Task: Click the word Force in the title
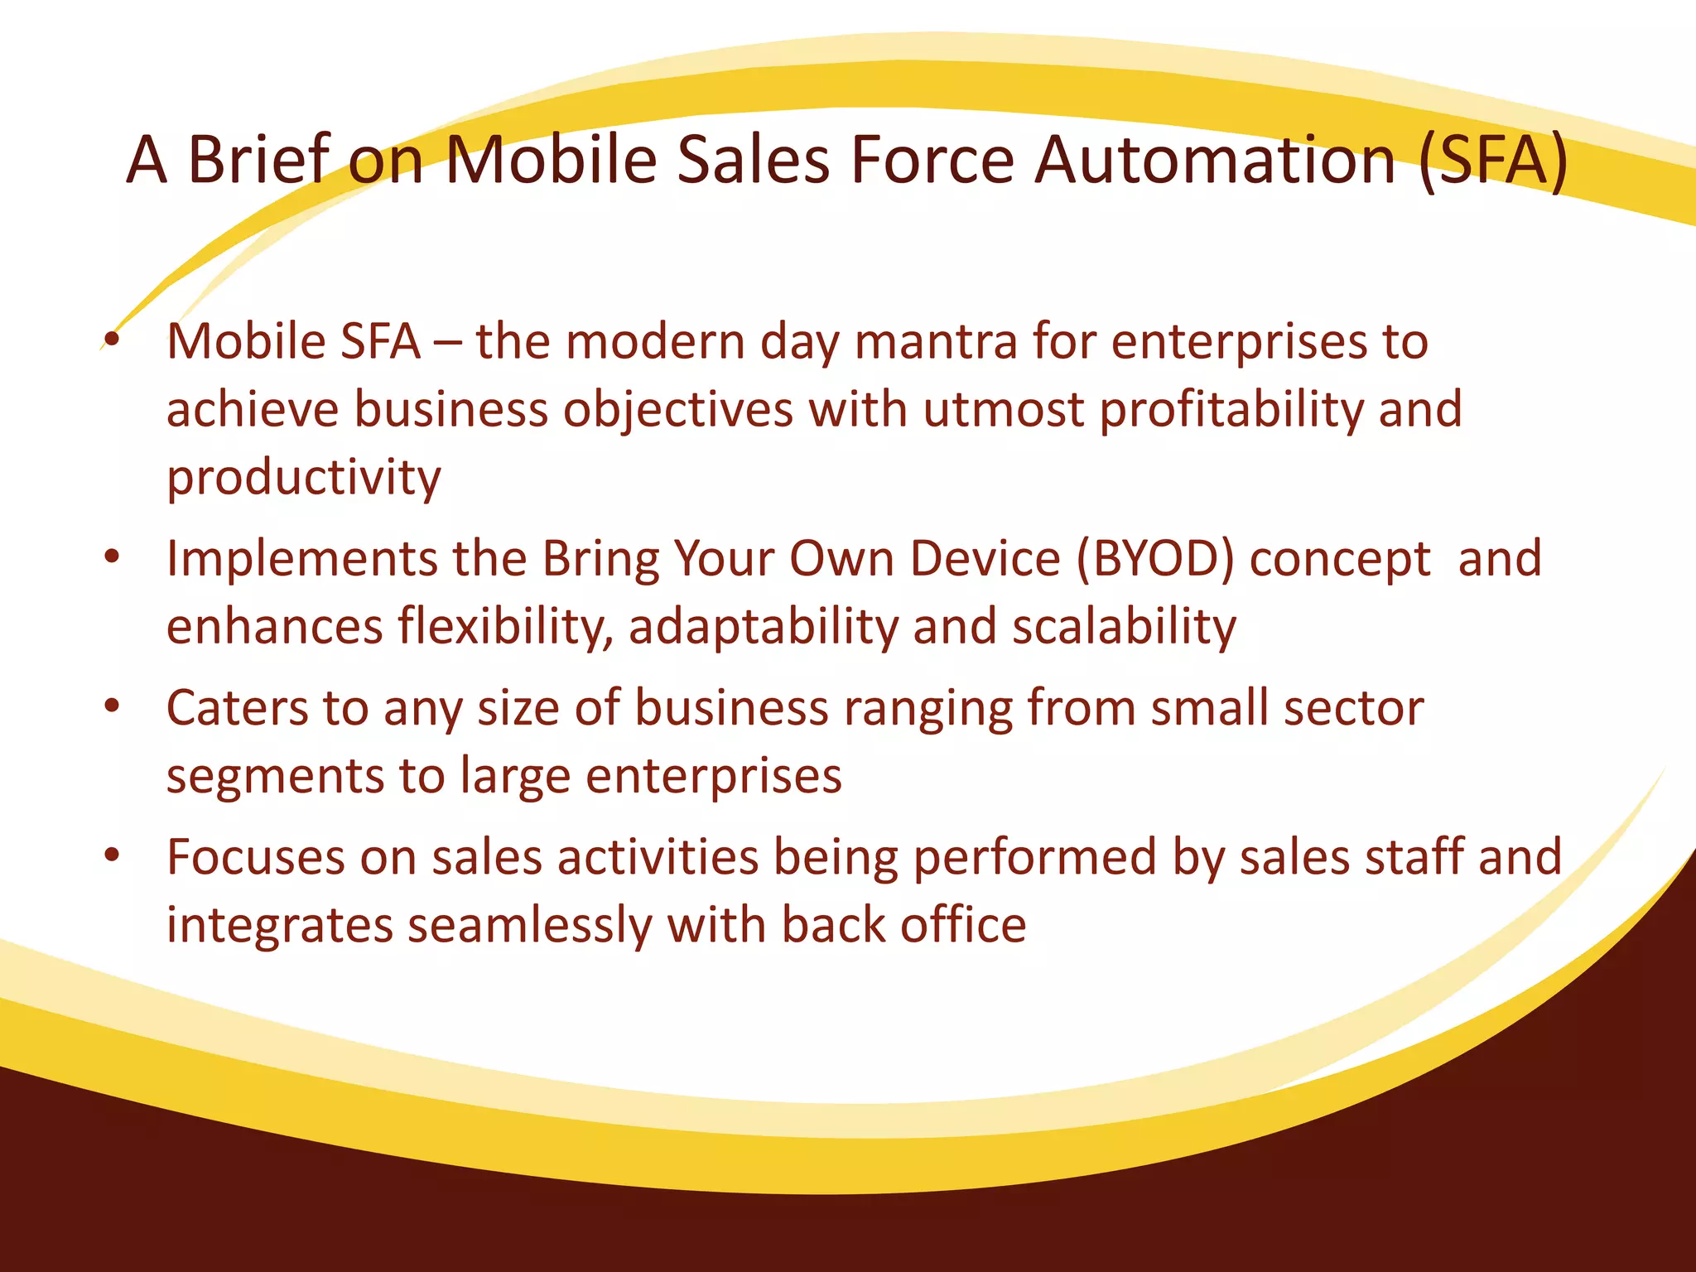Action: click(932, 160)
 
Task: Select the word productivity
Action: click(304, 479)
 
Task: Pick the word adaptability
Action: click(763, 627)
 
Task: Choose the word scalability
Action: click(1124, 627)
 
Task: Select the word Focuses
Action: click(255, 858)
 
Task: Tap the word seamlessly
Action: click(530, 926)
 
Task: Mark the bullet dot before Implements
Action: click(112, 557)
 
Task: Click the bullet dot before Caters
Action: click(112, 707)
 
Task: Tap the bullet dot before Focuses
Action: click(112, 856)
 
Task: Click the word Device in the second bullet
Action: click(985, 559)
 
